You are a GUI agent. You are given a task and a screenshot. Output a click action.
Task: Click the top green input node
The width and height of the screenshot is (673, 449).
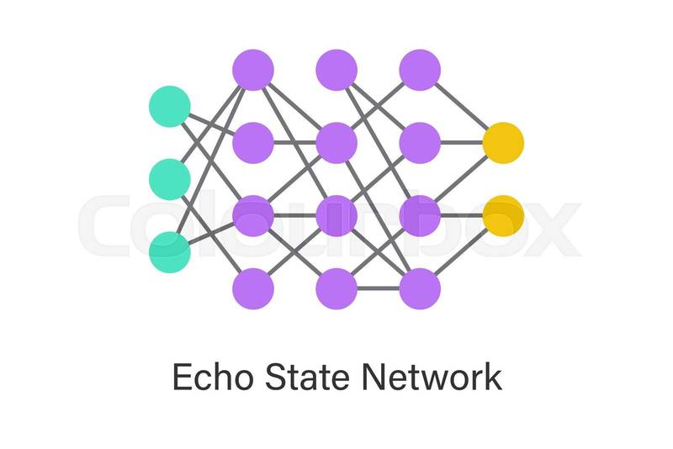(169, 107)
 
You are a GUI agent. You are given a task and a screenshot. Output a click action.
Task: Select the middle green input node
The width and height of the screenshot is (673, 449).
(169, 178)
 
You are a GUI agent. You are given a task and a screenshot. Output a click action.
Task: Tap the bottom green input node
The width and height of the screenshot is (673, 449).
(169, 251)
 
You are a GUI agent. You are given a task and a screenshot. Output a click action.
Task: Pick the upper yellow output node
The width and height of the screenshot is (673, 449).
(503, 142)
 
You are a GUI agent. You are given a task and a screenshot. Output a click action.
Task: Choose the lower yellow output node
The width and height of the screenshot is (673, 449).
(503, 215)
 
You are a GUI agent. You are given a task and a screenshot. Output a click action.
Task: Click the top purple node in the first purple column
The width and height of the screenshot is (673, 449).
(253, 70)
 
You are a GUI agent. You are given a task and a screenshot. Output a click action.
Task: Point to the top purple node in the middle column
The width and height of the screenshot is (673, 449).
(336, 70)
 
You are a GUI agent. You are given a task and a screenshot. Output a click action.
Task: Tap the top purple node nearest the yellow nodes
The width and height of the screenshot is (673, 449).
(420, 70)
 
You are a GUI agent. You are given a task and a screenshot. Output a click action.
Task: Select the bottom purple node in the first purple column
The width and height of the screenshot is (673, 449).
(253, 288)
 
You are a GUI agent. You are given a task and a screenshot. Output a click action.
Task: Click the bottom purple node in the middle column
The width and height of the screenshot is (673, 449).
(336, 288)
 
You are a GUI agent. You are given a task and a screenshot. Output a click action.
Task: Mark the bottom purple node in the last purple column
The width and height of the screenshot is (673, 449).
(420, 288)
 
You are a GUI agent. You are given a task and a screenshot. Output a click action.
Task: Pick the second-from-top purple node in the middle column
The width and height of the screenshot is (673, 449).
(336, 142)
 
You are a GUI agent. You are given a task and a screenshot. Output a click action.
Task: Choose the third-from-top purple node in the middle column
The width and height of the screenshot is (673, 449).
(336, 215)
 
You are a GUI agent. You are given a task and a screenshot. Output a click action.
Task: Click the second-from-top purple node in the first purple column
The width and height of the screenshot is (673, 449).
(253, 142)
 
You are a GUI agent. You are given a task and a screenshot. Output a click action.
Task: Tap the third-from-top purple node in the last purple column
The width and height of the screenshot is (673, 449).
(420, 215)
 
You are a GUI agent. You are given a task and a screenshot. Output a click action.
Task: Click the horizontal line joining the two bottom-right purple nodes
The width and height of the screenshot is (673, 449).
(379, 288)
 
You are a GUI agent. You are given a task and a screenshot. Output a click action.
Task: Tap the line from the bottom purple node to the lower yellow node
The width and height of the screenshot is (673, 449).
(463, 251)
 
